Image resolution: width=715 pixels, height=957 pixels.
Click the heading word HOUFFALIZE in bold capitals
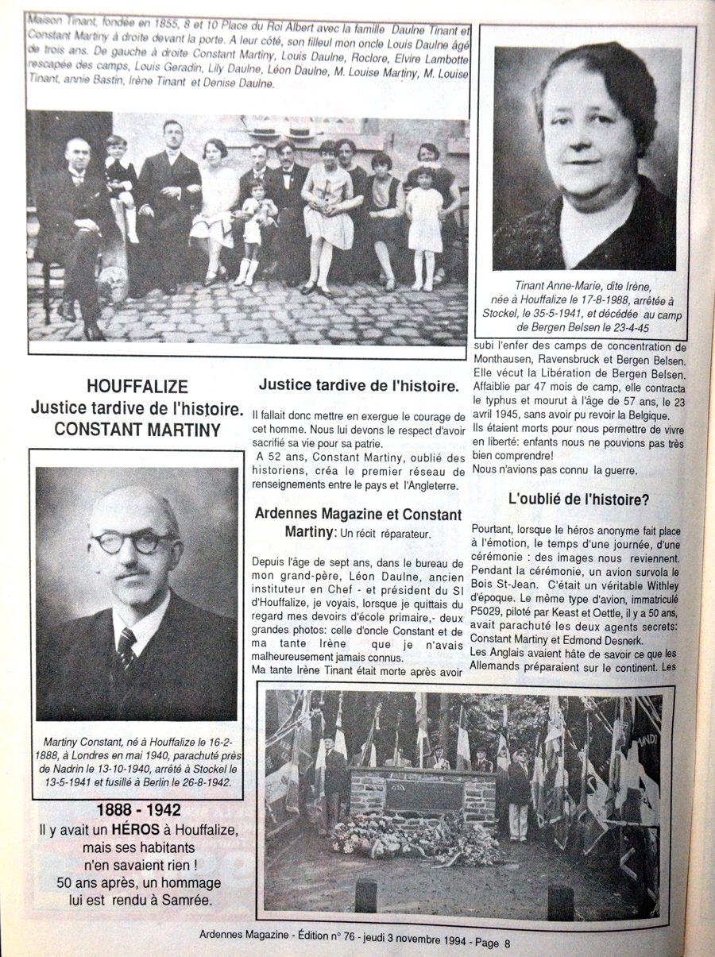137,387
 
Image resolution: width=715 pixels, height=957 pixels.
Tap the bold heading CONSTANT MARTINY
137,429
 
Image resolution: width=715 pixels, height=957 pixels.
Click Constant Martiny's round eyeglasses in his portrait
133,543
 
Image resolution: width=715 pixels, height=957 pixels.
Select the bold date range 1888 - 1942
139,811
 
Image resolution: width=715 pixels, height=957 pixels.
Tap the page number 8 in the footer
507,943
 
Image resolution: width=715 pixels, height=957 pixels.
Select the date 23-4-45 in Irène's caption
640,326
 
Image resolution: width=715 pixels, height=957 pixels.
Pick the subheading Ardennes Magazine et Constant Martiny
357,521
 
